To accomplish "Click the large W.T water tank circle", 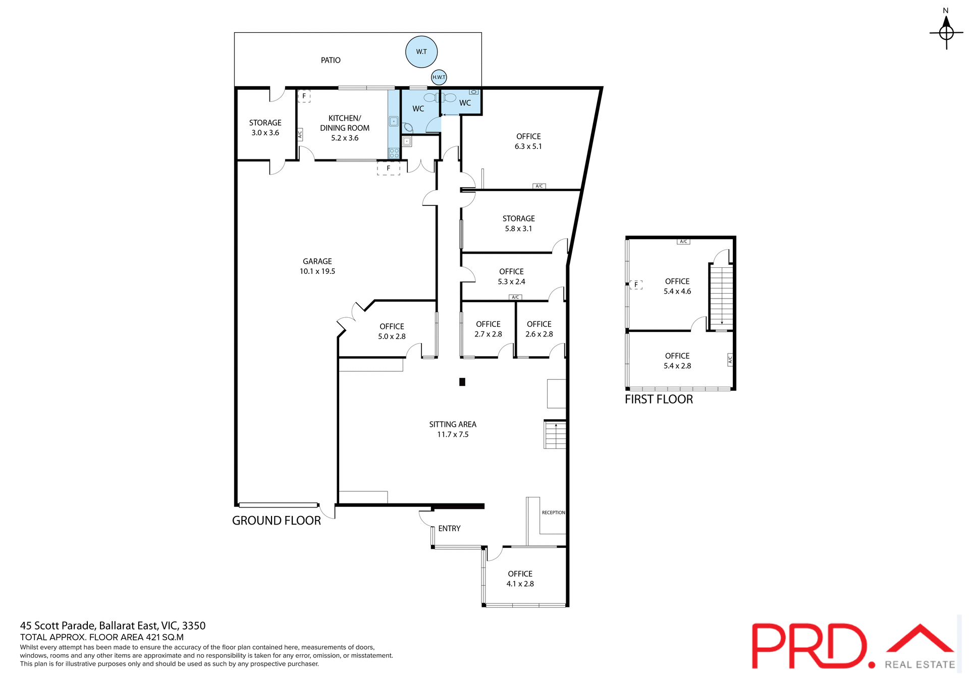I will pyautogui.click(x=421, y=51).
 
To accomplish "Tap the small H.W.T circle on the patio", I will pyautogui.click(x=439, y=77).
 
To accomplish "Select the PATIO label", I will pyautogui.click(x=331, y=60).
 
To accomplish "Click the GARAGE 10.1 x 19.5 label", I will pyautogui.click(x=317, y=266).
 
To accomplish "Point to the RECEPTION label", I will pyautogui.click(x=553, y=512).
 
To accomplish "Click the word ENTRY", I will pyautogui.click(x=449, y=529).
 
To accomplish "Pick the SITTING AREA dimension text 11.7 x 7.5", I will pyautogui.click(x=453, y=434).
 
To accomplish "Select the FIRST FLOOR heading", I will pyautogui.click(x=659, y=399).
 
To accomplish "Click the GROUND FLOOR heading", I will pyautogui.click(x=276, y=521).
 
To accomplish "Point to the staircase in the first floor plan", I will pyautogui.click(x=721, y=297).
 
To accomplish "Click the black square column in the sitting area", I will pyautogui.click(x=462, y=382).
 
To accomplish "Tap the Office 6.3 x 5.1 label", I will pyautogui.click(x=528, y=141).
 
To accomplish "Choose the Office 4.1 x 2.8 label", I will pyautogui.click(x=520, y=579).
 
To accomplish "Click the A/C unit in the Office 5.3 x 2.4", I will pyautogui.click(x=515, y=297).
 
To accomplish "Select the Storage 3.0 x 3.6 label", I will pyautogui.click(x=265, y=128).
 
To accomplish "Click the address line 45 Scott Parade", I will pyautogui.click(x=113, y=625).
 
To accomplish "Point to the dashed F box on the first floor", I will pyautogui.click(x=636, y=284).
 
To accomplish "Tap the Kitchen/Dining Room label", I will pyautogui.click(x=345, y=128).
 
